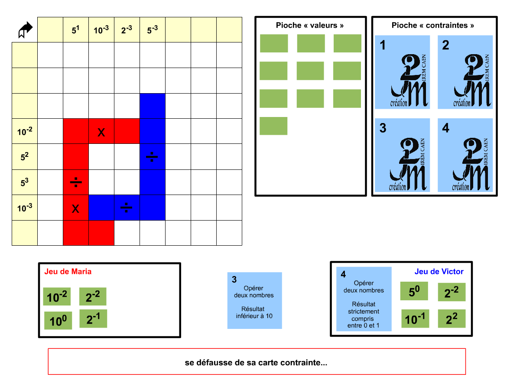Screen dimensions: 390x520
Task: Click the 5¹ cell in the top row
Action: pos(76,30)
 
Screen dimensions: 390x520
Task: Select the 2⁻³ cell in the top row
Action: pos(127,30)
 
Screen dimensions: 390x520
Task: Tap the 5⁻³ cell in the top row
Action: pos(153,30)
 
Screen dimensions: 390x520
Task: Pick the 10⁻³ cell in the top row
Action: pos(101,30)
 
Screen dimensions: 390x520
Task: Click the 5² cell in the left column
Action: pos(25,156)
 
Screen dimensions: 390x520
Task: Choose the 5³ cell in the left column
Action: pos(25,182)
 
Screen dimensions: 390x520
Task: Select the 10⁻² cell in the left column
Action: pos(25,131)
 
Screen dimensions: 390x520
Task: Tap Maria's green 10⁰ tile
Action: pos(58,321)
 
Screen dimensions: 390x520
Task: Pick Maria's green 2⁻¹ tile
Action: pos(93,319)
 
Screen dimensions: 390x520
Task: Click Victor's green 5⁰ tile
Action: pos(414,291)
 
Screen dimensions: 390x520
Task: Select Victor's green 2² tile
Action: pos(452,319)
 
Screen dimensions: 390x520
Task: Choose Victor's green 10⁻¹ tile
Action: pos(415,319)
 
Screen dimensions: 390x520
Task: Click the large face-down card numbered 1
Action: pos(403,72)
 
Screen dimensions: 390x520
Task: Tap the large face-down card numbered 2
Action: pos(465,72)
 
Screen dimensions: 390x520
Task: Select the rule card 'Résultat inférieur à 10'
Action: pos(254,300)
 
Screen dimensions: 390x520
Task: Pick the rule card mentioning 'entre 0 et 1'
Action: pos(364,299)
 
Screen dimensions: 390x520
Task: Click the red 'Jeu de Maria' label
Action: pos(68,272)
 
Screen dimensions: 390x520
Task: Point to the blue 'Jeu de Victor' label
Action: pos(439,272)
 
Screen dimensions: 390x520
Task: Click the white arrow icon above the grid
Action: pos(26,30)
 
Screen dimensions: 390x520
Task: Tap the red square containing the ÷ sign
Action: pos(76,182)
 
